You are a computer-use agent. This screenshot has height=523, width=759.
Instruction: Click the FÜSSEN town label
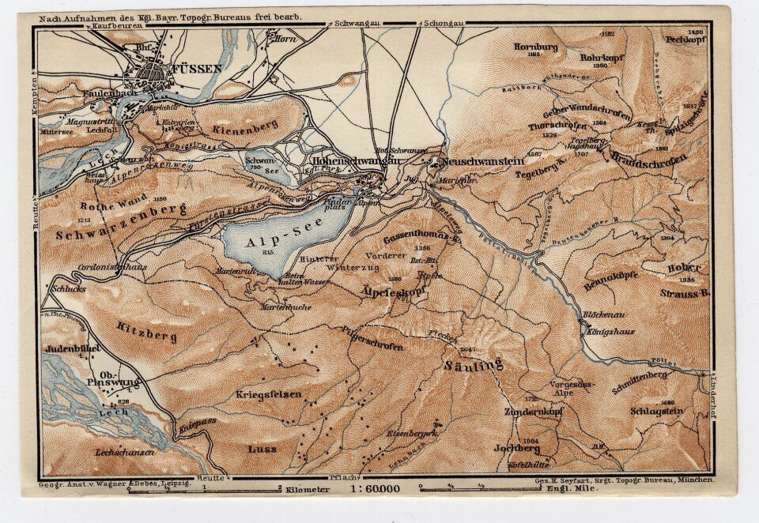194,69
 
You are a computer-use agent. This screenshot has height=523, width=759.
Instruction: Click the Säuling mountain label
474,364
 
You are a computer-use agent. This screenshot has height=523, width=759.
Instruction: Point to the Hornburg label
535,47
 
